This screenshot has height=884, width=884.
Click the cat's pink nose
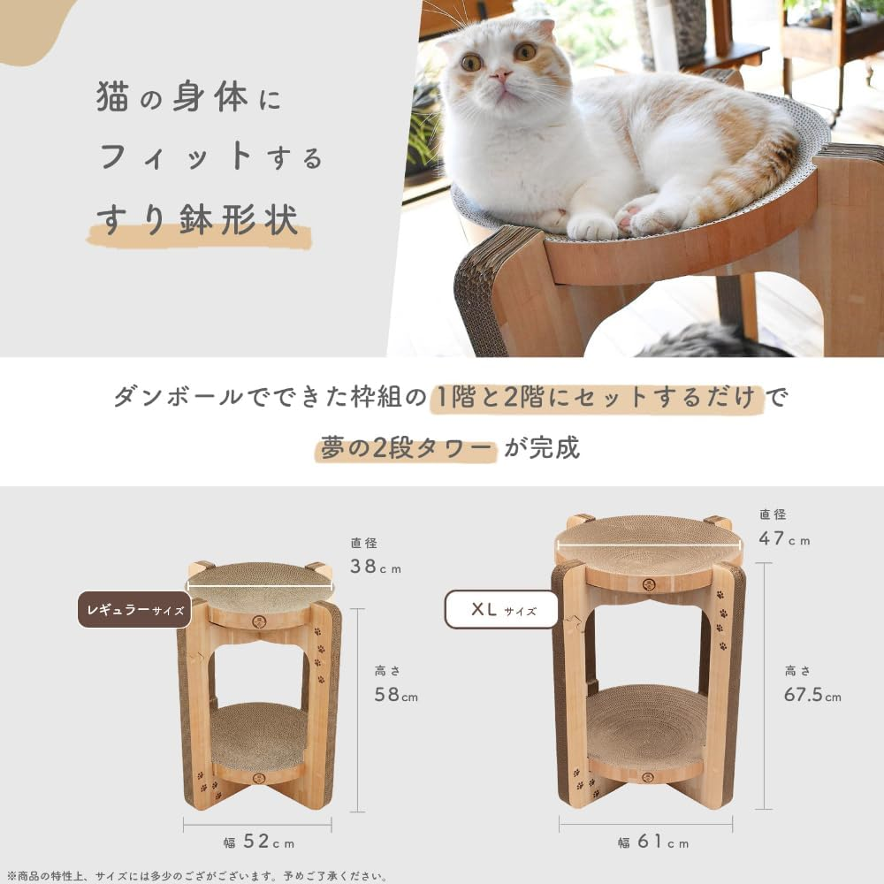pyautogui.click(x=502, y=77)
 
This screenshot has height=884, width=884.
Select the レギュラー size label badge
pyautogui.click(x=133, y=609)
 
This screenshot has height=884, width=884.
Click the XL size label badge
pyautogui.click(x=501, y=609)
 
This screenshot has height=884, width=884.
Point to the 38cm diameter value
pyautogui.click(x=363, y=567)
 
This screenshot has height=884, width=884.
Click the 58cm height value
pyautogui.click(x=395, y=696)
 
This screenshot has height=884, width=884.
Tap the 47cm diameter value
pyautogui.click(x=783, y=538)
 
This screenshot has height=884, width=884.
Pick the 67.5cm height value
pyautogui.click(x=812, y=695)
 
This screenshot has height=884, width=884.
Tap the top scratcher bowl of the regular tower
pyautogui.click(x=260, y=584)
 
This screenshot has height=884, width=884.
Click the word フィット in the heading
pyautogui.click(x=176, y=157)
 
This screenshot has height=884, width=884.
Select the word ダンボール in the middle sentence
pyautogui.click(x=176, y=397)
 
